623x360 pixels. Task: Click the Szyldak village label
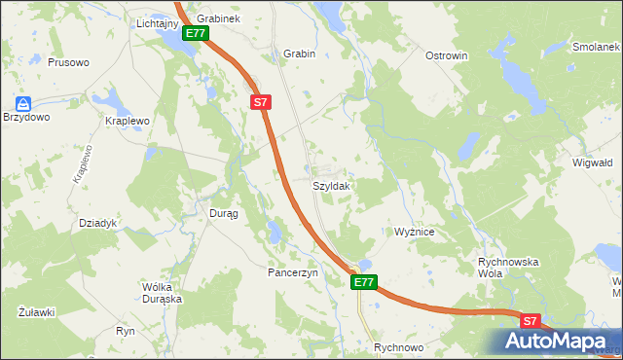[332, 185]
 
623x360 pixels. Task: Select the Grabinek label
[218, 18]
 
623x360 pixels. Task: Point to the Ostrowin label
[447, 55]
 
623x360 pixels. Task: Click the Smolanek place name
[597, 47]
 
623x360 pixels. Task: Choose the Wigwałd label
[591, 162]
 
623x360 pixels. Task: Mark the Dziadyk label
[97, 223]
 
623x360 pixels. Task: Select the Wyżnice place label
[420, 233]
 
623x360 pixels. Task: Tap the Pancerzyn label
[293, 273]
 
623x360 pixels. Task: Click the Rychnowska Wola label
[508, 268]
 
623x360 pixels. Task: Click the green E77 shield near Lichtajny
[195, 33]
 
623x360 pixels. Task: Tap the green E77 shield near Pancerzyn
[363, 282]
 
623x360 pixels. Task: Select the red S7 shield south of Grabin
[259, 101]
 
